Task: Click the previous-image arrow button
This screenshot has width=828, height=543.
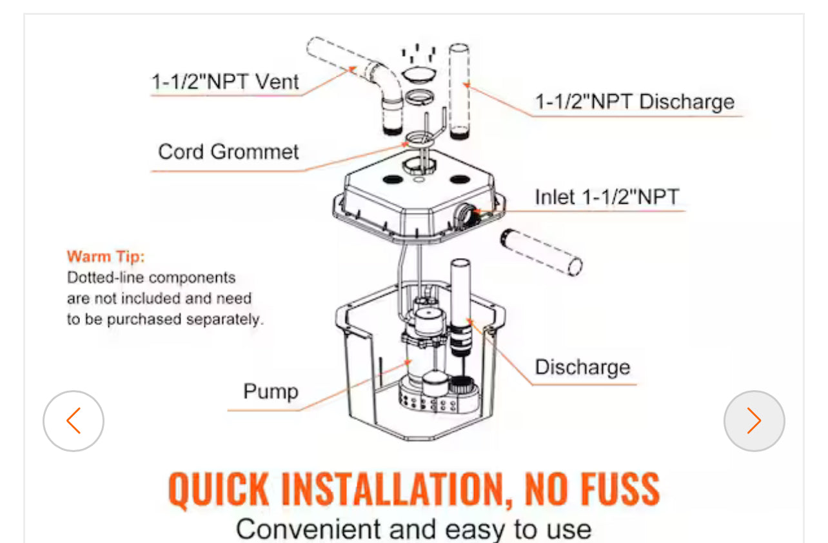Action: click(x=74, y=420)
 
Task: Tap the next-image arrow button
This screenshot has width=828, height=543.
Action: click(x=754, y=420)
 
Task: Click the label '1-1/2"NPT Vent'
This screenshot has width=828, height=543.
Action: click(x=225, y=82)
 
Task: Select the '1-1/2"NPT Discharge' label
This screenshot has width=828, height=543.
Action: click(x=635, y=102)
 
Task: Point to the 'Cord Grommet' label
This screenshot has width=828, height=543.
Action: click(x=228, y=152)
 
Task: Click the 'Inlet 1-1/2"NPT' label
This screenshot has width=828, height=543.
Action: click(x=607, y=197)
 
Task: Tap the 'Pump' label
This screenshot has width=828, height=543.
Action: click(x=271, y=391)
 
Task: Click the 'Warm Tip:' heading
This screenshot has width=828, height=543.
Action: click(x=106, y=257)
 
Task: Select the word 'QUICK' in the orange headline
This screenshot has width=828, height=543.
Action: click(x=219, y=489)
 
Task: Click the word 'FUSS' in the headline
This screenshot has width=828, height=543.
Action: click(x=620, y=489)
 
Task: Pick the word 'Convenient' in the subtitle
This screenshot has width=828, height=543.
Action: click(x=309, y=529)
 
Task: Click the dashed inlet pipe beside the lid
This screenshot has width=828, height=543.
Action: click(x=542, y=252)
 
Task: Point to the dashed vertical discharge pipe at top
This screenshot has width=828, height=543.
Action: click(x=459, y=92)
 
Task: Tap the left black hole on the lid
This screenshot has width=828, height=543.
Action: click(x=393, y=180)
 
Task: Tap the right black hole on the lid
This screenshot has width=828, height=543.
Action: click(x=460, y=180)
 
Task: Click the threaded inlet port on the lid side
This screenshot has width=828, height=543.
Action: click(x=465, y=215)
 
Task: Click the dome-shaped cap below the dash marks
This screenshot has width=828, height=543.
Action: click(x=419, y=74)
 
